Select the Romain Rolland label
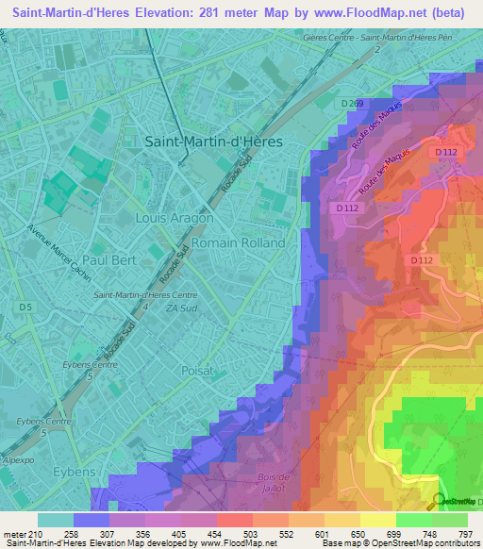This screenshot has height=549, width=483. [x=238, y=242]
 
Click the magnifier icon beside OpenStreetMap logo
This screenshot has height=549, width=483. [x=439, y=501]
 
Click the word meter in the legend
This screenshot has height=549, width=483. [x=15, y=532]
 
